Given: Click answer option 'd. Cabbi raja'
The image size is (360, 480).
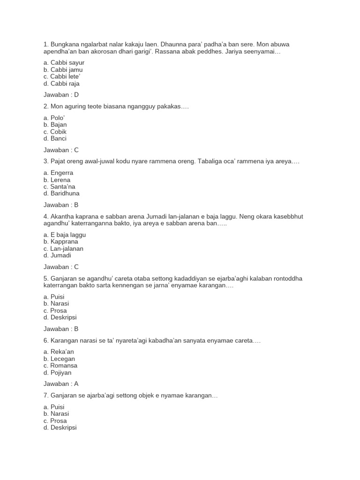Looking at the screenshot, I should [x=61, y=83].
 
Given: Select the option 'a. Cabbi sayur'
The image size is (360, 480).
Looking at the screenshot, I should [x=64, y=62].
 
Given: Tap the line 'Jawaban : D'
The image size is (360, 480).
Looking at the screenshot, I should [x=61, y=95].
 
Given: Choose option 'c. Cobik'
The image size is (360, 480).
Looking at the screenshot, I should [x=55, y=132].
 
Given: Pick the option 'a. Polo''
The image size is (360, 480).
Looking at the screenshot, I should [x=54, y=118].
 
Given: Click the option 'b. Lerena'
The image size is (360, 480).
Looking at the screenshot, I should [x=57, y=180].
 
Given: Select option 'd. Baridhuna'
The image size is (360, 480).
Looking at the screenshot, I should [x=61, y=193].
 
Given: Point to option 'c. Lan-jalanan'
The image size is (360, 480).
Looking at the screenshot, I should [x=63, y=248].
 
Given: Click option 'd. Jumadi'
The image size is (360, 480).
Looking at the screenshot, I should [x=57, y=255].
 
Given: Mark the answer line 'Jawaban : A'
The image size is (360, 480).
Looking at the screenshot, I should [x=61, y=383].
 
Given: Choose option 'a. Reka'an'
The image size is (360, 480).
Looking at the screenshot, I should [x=59, y=352].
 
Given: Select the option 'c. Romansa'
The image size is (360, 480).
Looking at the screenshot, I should [x=60, y=365].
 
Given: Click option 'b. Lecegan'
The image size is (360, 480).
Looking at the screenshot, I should [x=59, y=359].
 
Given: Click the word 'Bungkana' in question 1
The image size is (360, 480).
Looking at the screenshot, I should [x=64, y=44].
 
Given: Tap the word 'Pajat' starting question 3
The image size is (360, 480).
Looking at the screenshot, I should [x=58, y=161].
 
